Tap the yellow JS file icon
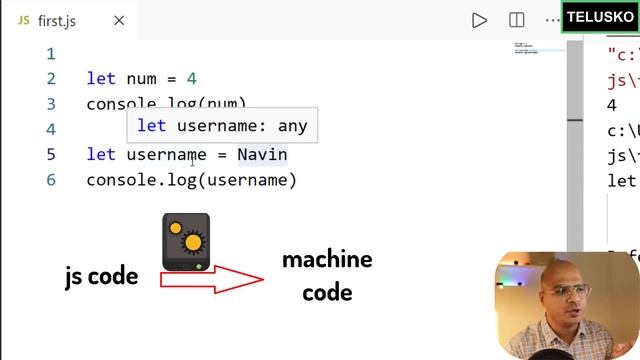(x=23, y=19)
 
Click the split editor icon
(x=517, y=19)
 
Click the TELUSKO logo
(x=600, y=17)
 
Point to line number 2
(x=51, y=78)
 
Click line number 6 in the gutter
(x=51, y=180)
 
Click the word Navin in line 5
(x=262, y=155)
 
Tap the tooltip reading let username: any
(x=222, y=126)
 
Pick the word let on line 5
(x=101, y=155)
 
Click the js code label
(x=101, y=277)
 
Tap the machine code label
(x=326, y=276)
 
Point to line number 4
(x=51, y=129)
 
